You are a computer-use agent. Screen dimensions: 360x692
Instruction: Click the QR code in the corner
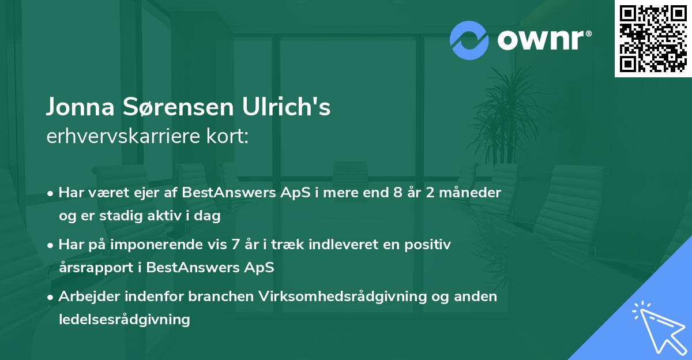[653, 39]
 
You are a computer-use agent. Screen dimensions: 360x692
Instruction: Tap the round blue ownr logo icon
[469, 39]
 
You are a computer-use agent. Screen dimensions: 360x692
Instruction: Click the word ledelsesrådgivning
[124, 319]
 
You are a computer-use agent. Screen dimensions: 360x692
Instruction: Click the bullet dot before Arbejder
[51, 297]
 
